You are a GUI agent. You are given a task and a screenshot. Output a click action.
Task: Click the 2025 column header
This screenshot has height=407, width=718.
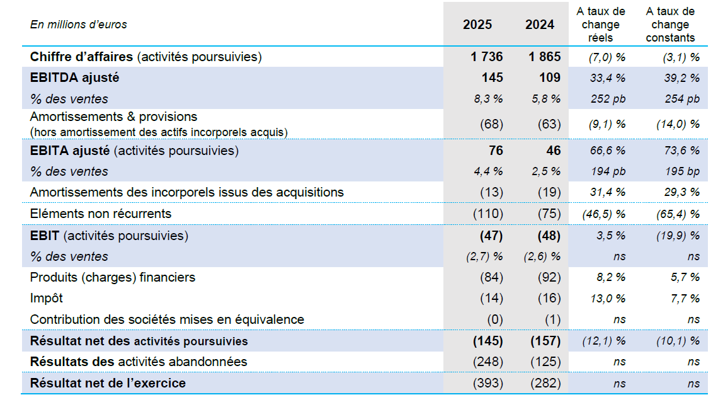(477, 25)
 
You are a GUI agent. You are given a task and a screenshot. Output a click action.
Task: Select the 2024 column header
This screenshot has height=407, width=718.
(540, 25)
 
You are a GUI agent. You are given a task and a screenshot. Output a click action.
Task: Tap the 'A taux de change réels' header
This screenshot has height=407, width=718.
(600, 25)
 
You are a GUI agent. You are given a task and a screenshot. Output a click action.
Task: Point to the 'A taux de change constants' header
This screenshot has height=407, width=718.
(670, 25)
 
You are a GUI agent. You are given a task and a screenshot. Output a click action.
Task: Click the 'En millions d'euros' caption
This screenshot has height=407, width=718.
(79, 25)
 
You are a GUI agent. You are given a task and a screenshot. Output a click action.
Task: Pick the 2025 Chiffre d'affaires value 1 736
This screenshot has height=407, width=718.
(486, 57)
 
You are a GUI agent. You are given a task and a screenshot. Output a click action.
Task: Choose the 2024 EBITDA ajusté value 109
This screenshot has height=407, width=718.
(549, 78)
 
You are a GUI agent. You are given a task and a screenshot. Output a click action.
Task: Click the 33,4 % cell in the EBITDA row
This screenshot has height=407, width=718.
(608, 78)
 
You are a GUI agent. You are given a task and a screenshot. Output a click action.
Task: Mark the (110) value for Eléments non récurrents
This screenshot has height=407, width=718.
(487, 214)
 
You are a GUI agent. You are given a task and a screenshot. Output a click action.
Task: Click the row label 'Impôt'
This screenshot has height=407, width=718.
(47, 298)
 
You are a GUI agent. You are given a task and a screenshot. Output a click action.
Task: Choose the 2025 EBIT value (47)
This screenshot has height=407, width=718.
(490, 236)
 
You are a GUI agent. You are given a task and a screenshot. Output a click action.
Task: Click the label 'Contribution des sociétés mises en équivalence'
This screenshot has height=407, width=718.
(167, 319)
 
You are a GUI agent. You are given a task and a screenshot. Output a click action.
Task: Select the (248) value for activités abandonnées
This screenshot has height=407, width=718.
(487, 362)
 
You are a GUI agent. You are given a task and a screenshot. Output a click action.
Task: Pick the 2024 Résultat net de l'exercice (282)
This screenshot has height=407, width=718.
(545, 383)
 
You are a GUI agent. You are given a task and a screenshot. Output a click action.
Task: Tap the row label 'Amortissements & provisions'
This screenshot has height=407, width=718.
(113, 117)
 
